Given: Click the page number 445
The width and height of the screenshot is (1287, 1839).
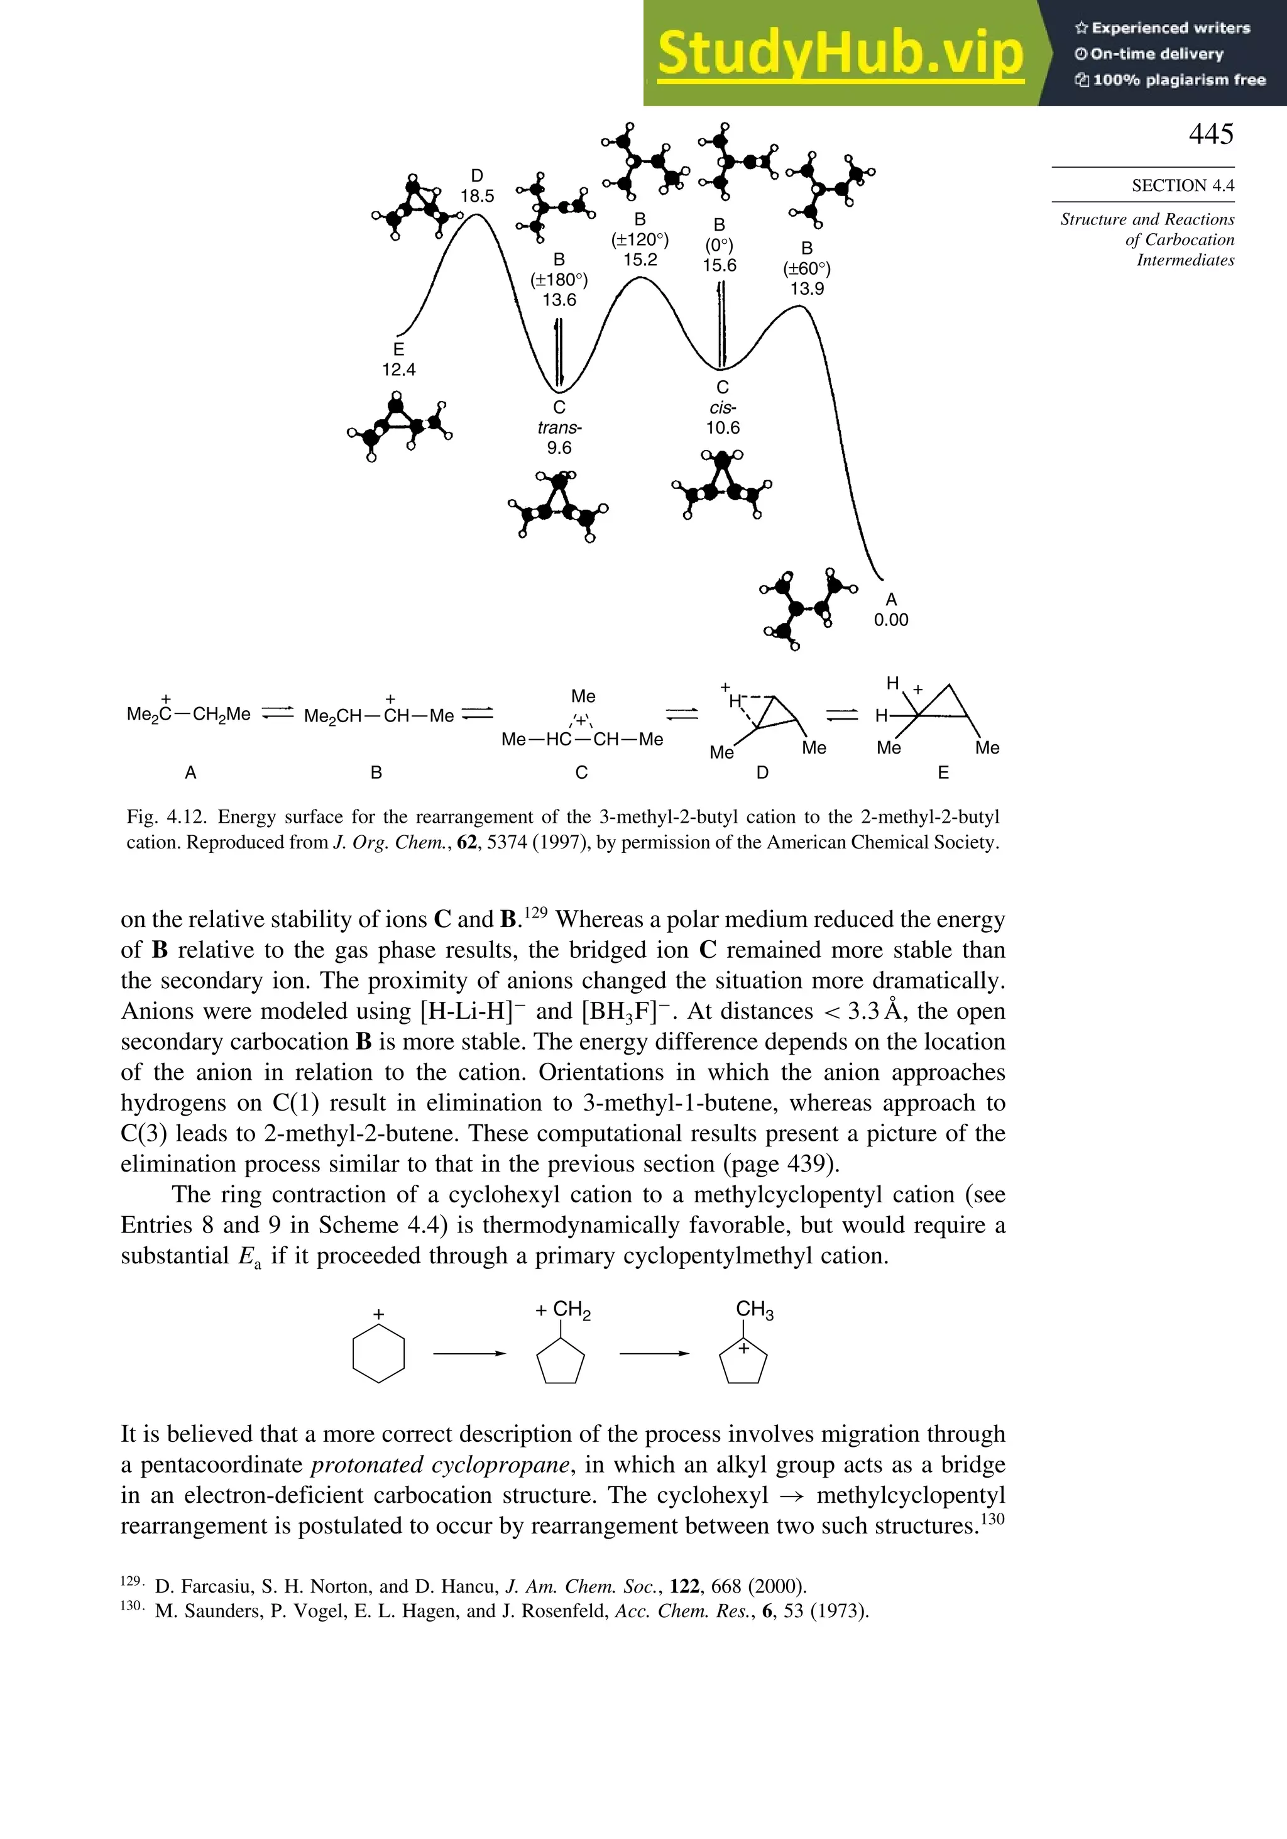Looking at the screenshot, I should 1210,134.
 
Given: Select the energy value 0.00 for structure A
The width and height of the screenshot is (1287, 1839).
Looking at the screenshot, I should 890,620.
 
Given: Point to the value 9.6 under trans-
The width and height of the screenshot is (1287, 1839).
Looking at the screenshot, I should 559,447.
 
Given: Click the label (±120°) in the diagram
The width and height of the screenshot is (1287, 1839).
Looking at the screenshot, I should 639,239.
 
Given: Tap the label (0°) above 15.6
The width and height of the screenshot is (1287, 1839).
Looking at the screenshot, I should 718,245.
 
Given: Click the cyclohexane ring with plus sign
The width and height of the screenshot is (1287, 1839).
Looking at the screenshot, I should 378,1354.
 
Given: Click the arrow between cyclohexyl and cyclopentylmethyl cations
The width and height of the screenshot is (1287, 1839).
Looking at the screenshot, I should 469,1354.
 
